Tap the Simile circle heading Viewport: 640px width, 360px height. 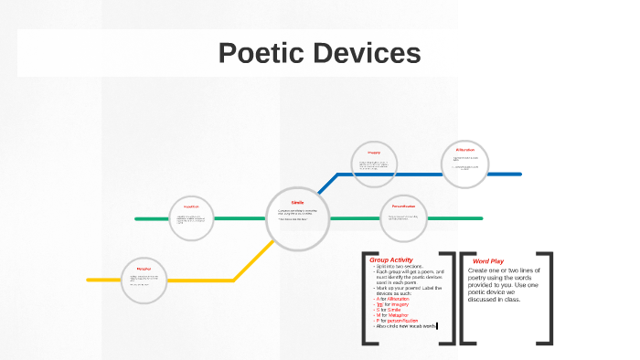(x=297, y=202)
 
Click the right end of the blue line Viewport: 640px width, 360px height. (x=519, y=174)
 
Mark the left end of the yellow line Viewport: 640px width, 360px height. (x=89, y=280)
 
